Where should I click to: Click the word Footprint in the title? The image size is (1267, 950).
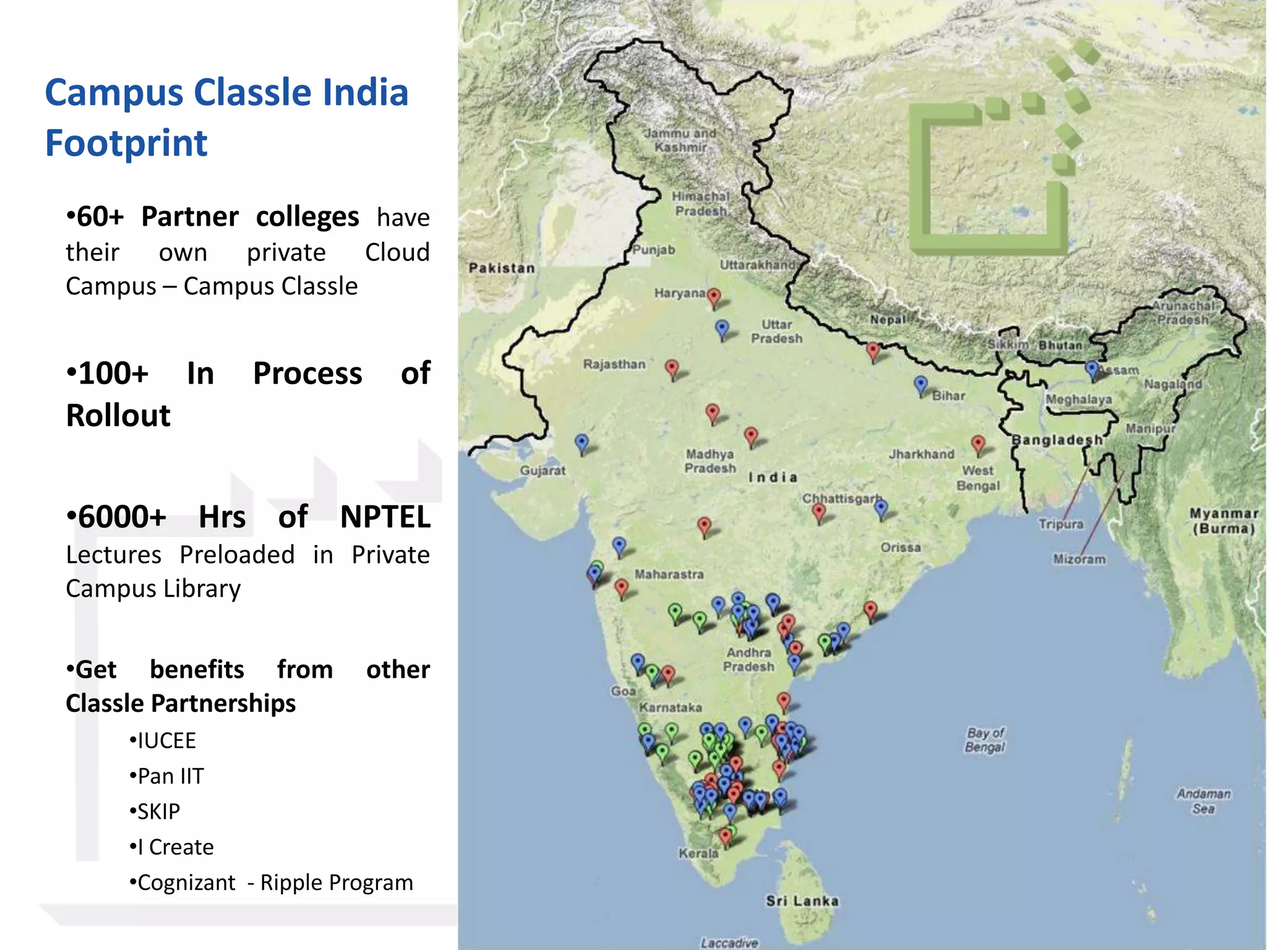(x=126, y=143)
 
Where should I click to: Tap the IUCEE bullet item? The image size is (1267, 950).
(x=166, y=740)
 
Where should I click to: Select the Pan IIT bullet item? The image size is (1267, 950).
(x=170, y=776)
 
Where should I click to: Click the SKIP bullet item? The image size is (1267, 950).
(x=158, y=811)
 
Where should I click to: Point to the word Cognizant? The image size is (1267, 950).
(x=186, y=882)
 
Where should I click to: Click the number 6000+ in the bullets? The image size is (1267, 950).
(x=116, y=516)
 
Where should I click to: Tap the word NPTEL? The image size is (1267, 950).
(x=385, y=516)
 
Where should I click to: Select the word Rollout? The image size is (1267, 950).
(x=118, y=415)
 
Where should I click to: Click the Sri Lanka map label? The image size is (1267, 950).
(x=802, y=901)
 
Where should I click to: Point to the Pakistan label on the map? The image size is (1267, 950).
(x=502, y=268)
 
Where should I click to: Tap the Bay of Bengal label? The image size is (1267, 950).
(x=985, y=740)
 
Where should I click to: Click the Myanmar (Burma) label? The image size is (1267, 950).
(x=1223, y=521)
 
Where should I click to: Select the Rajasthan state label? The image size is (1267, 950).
(x=614, y=364)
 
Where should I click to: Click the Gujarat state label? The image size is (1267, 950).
(x=543, y=470)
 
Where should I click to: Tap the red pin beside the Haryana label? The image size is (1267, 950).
(x=714, y=297)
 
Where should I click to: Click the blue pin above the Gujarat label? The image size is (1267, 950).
(x=582, y=442)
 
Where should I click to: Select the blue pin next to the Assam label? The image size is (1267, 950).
(x=1093, y=370)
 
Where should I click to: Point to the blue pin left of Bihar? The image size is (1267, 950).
(x=921, y=384)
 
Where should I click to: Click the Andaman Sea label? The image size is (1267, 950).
(x=1203, y=801)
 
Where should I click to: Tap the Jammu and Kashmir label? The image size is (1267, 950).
(x=681, y=140)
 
